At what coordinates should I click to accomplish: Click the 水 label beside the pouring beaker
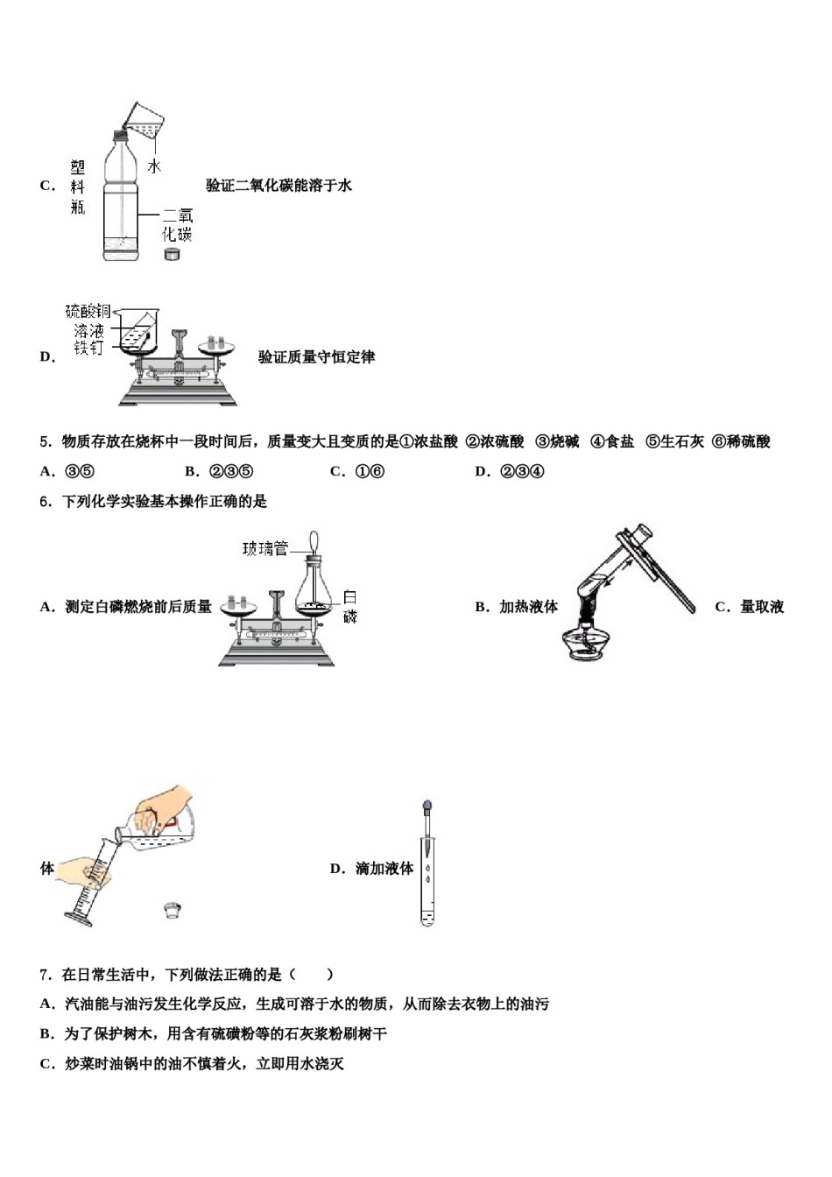click(x=154, y=166)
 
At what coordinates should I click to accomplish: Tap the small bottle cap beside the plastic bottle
click(x=173, y=253)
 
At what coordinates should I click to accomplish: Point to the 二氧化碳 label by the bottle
click(x=178, y=224)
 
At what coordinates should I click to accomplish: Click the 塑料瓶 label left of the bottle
click(x=78, y=187)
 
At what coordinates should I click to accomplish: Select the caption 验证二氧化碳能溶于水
click(x=279, y=186)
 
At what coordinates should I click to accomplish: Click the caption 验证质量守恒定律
click(x=316, y=357)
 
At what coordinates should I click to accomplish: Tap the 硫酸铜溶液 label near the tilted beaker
click(x=88, y=321)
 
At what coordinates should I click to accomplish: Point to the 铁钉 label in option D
click(x=88, y=348)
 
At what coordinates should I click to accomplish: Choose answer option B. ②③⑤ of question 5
click(x=219, y=471)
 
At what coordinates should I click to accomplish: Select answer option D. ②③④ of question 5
click(x=510, y=471)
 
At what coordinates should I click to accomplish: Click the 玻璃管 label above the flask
click(x=265, y=549)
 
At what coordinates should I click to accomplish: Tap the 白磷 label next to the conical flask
click(x=350, y=606)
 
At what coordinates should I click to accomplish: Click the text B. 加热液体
click(x=516, y=607)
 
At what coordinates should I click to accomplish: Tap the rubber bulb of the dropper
click(x=427, y=806)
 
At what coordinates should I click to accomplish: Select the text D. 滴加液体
click(x=371, y=869)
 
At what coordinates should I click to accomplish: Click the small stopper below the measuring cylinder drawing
click(x=173, y=910)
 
